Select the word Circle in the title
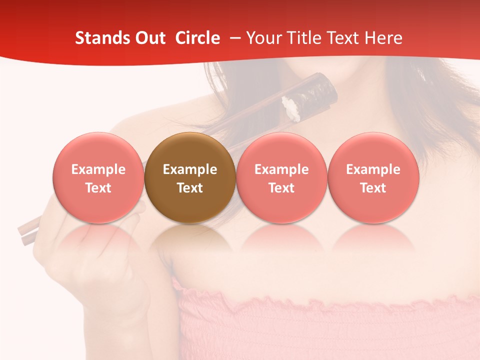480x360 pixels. point(197,38)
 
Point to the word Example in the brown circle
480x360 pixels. point(190,169)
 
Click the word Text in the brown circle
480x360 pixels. point(190,188)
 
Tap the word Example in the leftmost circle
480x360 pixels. point(98,169)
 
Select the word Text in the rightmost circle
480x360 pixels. point(373,188)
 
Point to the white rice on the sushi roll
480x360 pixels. point(291,108)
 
